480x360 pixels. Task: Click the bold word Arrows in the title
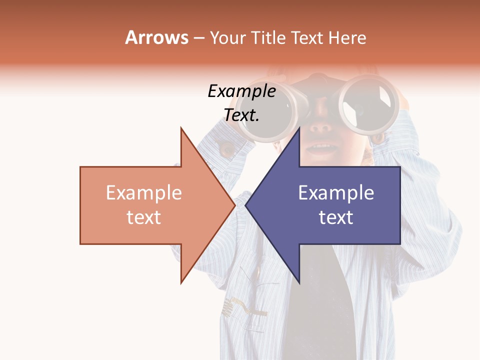point(157,37)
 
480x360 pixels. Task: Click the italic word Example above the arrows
point(241,91)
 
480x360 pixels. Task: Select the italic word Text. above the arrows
point(241,115)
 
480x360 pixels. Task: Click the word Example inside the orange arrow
point(143,193)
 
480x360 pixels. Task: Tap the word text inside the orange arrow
point(143,217)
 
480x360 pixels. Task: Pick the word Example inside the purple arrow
point(336,193)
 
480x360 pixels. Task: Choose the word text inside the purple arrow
point(336,217)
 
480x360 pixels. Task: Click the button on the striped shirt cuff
point(227,148)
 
